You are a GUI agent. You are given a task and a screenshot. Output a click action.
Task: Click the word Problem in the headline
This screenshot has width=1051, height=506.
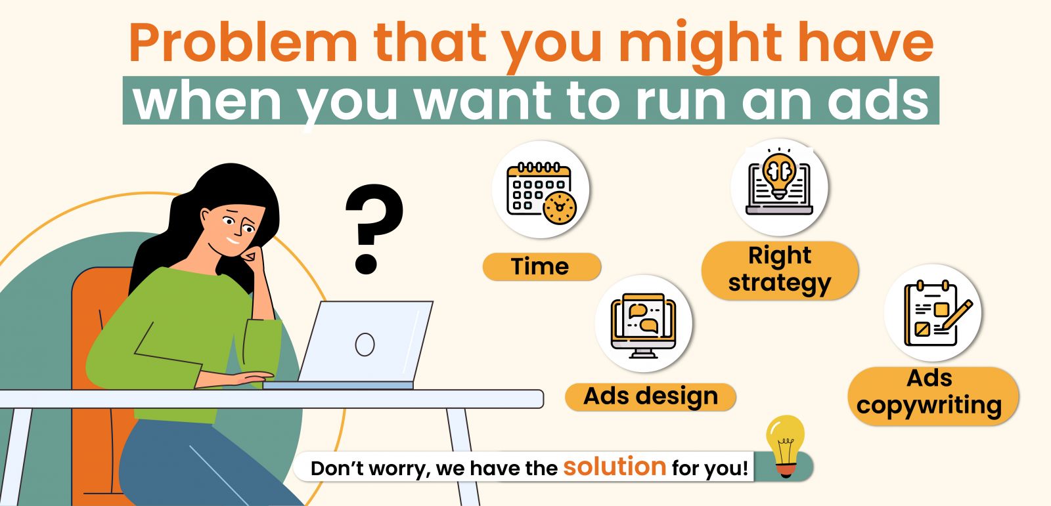(243, 43)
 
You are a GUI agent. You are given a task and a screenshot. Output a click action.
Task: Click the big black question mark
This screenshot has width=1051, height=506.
(374, 229)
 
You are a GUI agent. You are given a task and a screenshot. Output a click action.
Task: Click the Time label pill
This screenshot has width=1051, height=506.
(541, 266)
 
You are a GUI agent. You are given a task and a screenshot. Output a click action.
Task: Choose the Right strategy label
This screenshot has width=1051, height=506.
(780, 270)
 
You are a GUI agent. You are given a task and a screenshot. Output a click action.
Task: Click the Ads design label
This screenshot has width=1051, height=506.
(650, 397)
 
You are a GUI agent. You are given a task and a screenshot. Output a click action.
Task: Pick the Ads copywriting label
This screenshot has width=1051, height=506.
(933, 396)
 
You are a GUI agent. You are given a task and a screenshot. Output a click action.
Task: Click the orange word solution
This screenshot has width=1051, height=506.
(615, 467)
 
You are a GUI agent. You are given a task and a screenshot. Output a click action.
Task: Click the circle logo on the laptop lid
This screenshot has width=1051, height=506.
(365, 345)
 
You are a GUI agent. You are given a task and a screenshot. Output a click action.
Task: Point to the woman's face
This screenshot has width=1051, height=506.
(235, 230)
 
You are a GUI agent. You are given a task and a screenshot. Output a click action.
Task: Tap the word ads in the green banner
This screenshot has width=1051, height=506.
(878, 100)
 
